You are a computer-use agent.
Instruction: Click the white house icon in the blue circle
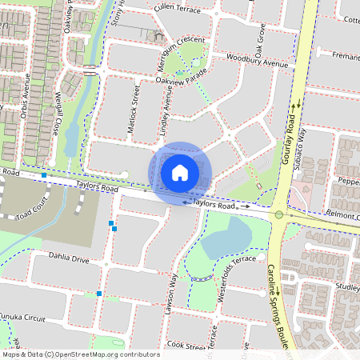pos(180,172)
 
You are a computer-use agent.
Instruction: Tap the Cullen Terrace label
pos(178,8)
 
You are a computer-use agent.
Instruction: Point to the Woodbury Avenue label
pos(256,61)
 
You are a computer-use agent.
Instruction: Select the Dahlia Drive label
pos(69,259)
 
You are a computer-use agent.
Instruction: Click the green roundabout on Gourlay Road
pos(278,214)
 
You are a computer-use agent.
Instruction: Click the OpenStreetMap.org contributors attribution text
pos(94,354)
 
